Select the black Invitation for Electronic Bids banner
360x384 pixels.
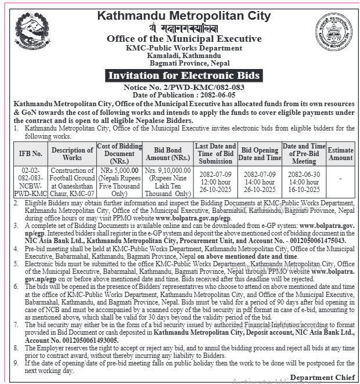pyautogui.click(x=183, y=76)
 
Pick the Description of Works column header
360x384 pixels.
pyautogui.click(x=72, y=154)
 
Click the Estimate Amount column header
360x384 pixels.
pyautogui.click(x=340, y=154)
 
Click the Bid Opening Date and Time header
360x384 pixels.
pyautogui.click(x=260, y=154)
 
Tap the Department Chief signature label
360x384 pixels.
pyautogui.click(x=322, y=378)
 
